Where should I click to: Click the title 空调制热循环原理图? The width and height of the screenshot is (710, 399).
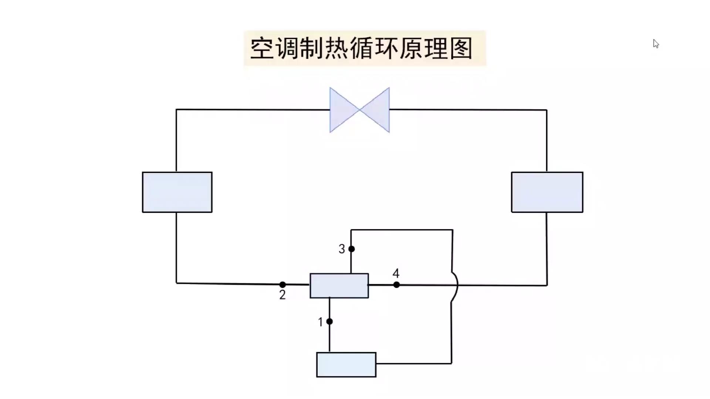click(x=361, y=48)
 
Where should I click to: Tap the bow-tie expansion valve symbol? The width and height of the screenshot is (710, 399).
click(x=359, y=110)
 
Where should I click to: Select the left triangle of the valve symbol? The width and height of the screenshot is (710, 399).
click(x=342, y=110)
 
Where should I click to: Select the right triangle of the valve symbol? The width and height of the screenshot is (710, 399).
click(x=377, y=110)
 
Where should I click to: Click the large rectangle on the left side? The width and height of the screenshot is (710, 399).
click(x=177, y=192)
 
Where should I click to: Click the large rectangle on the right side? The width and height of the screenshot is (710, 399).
click(x=547, y=192)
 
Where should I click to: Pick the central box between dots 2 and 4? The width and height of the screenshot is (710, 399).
click(x=339, y=286)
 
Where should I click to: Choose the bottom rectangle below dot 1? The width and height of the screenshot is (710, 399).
click(x=346, y=365)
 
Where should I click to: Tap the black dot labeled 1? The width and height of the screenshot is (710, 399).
click(x=329, y=321)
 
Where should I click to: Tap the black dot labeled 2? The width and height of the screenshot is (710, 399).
click(x=283, y=284)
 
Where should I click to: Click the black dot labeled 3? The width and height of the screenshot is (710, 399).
click(x=352, y=249)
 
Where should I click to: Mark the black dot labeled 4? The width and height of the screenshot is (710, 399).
click(x=396, y=285)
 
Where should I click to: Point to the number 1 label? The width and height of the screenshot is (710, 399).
click(x=320, y=322)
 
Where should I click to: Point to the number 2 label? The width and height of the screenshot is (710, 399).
click(x=282, y=295)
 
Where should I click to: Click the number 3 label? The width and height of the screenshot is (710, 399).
click(x=342, y=249)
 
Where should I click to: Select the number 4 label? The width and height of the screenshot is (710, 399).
click(x=396, y=273)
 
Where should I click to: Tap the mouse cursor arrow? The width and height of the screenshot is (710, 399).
click(x=656, y=44)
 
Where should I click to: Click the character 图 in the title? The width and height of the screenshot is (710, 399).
click(x=461, y=48)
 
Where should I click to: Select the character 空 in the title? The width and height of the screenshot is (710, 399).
click(x=262, y=48)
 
